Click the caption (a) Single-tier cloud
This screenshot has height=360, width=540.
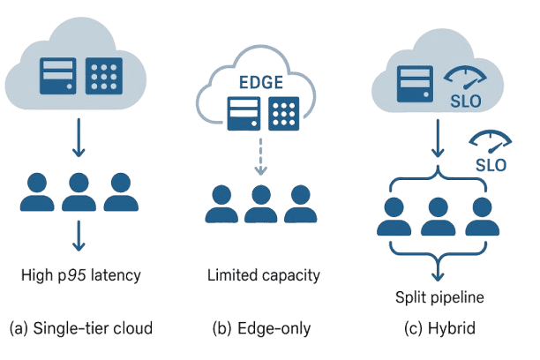tap(80, 328)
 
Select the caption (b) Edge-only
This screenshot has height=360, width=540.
tap(262, 328)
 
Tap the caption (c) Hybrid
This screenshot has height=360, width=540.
tap(439, 328)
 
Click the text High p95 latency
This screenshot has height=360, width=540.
tap(81, 275)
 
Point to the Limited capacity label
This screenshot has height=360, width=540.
tap(263, 275)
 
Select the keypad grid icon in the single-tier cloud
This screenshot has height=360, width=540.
tap(104, 76)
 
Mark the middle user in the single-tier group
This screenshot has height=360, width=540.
tap(78, 192)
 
